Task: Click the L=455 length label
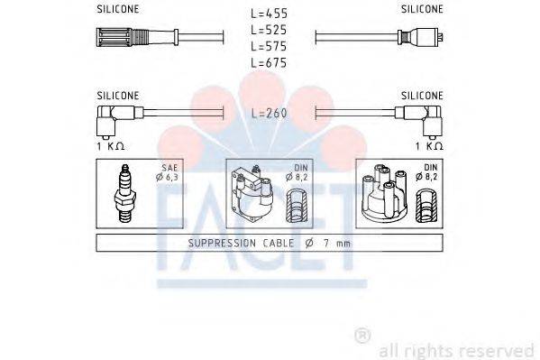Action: click(269, 14)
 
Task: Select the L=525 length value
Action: click(269, 30)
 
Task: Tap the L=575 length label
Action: click(269, 46)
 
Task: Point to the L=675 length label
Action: click(269, 63)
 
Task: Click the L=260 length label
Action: click(269, 113)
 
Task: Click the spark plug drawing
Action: click(125, 193)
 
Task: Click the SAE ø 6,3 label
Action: click(167, 172)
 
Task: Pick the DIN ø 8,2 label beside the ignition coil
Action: click(297, 172)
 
